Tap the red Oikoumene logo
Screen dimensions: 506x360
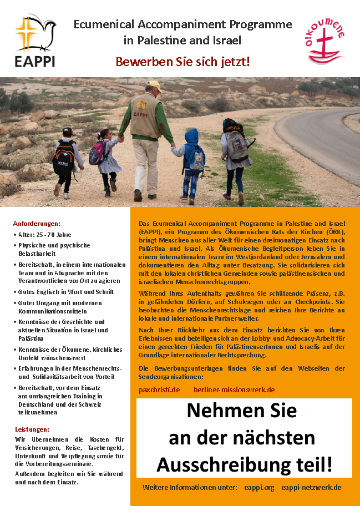pyautogui.click(x=326, y=42)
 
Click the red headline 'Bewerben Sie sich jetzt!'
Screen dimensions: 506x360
pyautogui.click(x=182, y=62)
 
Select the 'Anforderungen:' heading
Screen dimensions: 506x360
pyautogui.click(x=37, y=224)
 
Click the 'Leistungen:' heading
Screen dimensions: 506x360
pyautogui.click(x=32, y=429)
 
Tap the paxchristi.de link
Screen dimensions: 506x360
pyautogui.click(x=159, y=389)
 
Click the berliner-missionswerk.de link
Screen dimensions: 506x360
pyautogui.click(x=234, y=389)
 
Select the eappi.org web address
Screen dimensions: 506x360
pyautogui.click(x=259, y=487)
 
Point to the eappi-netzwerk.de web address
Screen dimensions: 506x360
pyautogui.click(x=311, y=487)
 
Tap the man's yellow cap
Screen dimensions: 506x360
pyautogui.click(x=154, y=85)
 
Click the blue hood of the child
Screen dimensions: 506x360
pyautogui.click(x=192, y=136)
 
